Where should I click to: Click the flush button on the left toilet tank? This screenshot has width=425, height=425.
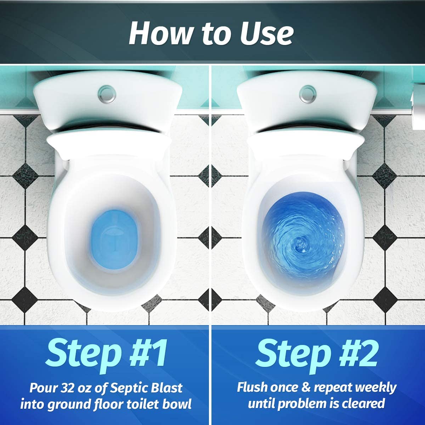[107, 94]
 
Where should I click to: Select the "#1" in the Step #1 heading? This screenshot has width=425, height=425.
[147, 351]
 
